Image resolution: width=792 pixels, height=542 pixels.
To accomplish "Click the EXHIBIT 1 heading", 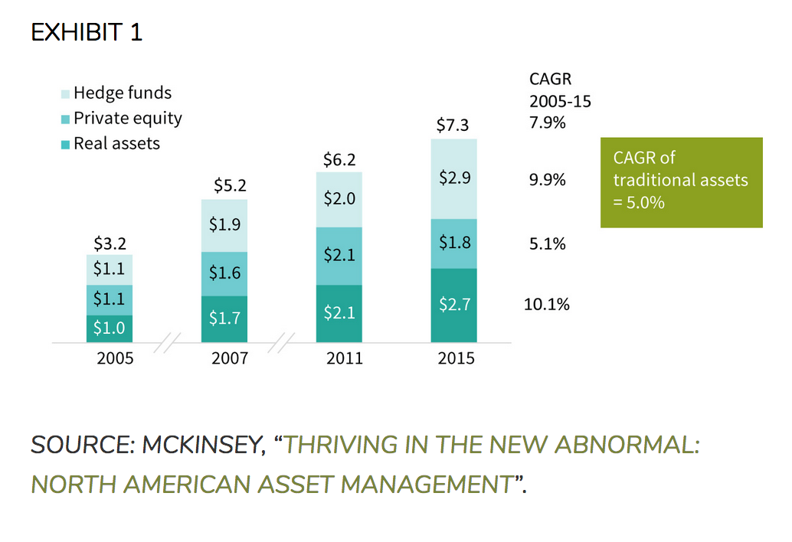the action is [x=87, y=32].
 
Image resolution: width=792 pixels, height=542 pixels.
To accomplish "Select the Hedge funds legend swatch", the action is [x=65, y=94].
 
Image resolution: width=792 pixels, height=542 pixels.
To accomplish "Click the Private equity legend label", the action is [x=128, y=119].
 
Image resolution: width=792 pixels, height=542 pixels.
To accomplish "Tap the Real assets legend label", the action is [x=116, y=144].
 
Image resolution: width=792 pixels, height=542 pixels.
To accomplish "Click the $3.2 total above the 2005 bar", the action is [x=110, y=243].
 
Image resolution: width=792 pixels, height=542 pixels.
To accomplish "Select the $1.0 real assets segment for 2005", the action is [x=110, y=329].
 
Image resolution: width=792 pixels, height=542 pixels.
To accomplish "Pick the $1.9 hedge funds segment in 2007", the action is [x=224, y=226].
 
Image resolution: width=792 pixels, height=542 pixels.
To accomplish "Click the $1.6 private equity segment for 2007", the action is [x=224, y=273].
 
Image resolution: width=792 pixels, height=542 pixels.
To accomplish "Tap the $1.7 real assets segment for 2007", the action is [x=224, y=319].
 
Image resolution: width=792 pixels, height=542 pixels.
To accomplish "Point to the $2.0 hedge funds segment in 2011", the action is [x=339, y=199].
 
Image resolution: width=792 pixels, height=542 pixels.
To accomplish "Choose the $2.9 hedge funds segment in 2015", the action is [x=454, y=178].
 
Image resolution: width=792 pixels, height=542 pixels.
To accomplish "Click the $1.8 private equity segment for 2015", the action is [x=454, y=243].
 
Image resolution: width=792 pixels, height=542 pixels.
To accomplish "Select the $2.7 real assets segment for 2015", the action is [x=454, y=305].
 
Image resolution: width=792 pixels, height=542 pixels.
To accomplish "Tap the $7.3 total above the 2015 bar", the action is [x=453, y=125].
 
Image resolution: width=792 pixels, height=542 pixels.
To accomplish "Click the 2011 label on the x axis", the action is [x=345, y=358].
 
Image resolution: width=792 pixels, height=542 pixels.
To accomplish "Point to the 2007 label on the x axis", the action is [x=230, y=358].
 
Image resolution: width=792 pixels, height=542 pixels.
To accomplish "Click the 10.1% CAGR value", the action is [x=547, y=305].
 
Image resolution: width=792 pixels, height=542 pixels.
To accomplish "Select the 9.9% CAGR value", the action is [x=547, y=180].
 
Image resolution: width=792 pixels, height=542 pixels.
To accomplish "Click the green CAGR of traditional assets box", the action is [x=682, y=182].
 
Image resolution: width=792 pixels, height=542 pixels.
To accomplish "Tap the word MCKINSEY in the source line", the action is [x=204, y=445].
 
